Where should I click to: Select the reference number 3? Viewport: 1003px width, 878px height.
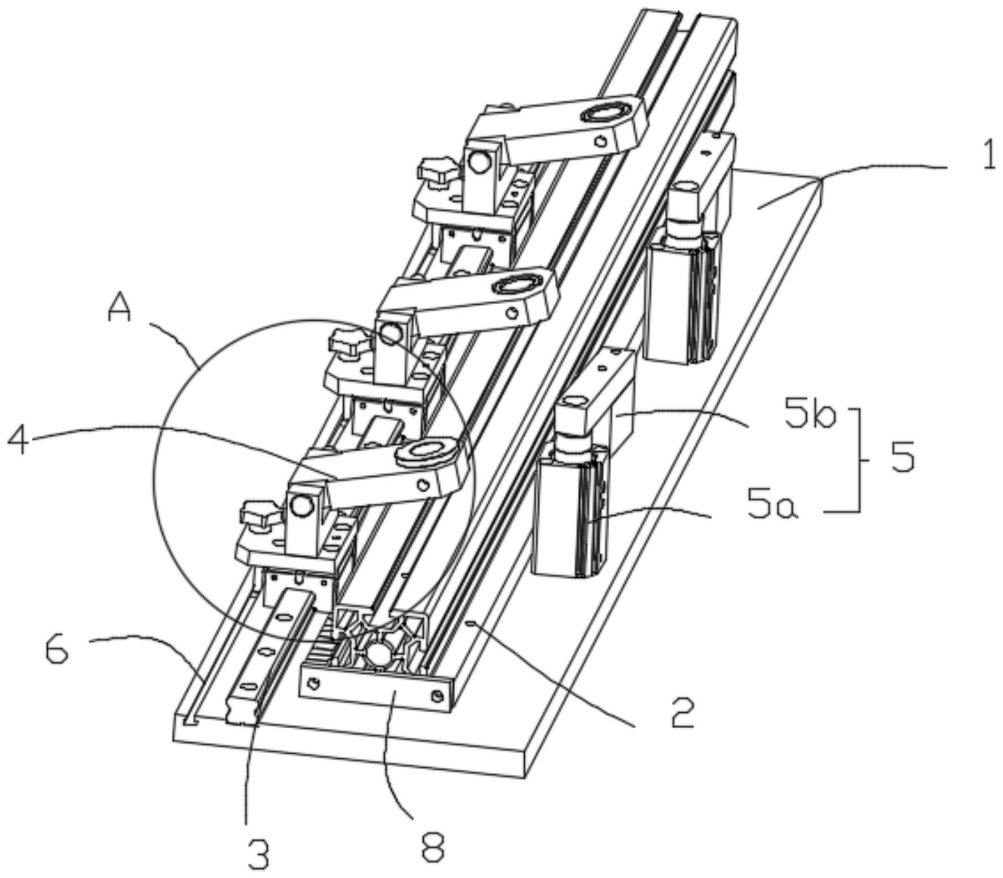(x=259, y=853)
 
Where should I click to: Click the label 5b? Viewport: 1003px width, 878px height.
(x=810, y=417)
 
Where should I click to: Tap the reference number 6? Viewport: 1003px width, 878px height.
(x=57, y=649)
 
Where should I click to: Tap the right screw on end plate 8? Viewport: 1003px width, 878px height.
(x=436, y=696)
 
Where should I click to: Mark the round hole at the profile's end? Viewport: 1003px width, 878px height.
(x=378, y=654)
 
